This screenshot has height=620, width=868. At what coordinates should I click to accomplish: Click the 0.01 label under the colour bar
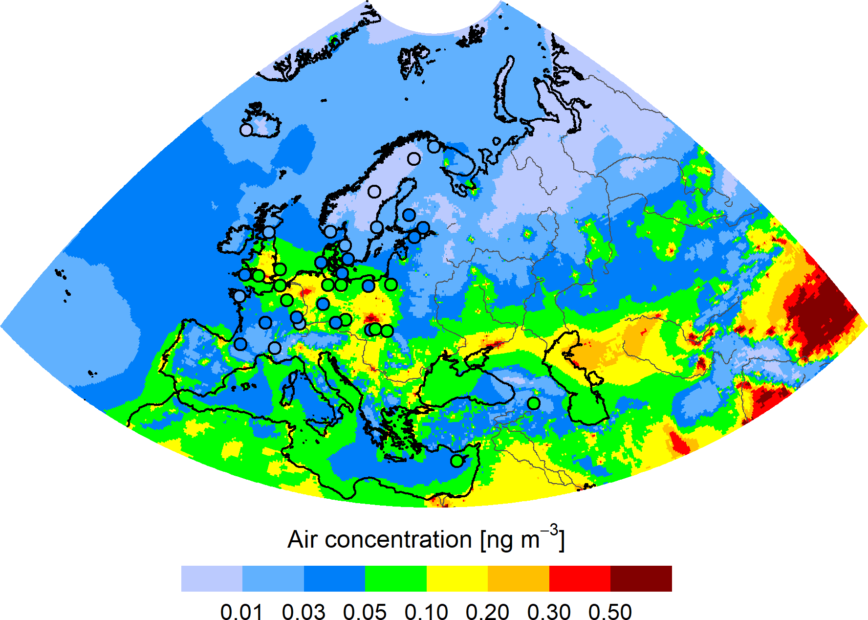pos(241,612)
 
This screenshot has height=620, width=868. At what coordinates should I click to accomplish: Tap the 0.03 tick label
pos(304,612)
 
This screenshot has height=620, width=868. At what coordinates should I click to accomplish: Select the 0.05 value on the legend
pos(365,612)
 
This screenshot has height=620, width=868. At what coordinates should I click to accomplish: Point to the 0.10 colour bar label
pos(426,612)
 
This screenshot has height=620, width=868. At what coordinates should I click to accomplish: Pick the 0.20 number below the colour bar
pos(487,612)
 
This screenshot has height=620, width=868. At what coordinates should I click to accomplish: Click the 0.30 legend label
pos(549,612)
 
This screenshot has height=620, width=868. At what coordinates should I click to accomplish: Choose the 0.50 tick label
pos(610,612)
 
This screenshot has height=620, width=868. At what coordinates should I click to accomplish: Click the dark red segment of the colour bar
pos(641,578)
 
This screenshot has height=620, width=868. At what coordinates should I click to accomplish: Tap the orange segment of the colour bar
pos(518,578)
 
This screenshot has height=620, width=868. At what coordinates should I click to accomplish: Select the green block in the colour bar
pos(396,578)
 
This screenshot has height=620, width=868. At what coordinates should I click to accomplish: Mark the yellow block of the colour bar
pos(457,578)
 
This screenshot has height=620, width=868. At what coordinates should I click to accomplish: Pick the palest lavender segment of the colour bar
pos(212,578)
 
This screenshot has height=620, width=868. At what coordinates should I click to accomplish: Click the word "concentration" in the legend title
pos(398,540)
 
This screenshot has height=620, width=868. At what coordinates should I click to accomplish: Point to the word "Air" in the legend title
pos(303,540)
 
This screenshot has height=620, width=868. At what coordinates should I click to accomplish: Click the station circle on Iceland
pos(246,130)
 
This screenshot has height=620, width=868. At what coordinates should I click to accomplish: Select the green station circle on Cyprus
pos(456,461)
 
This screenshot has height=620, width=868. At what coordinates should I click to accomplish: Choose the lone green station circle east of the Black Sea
pos(534,403)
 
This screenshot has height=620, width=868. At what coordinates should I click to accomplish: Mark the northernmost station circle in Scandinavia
pos(434,146)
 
